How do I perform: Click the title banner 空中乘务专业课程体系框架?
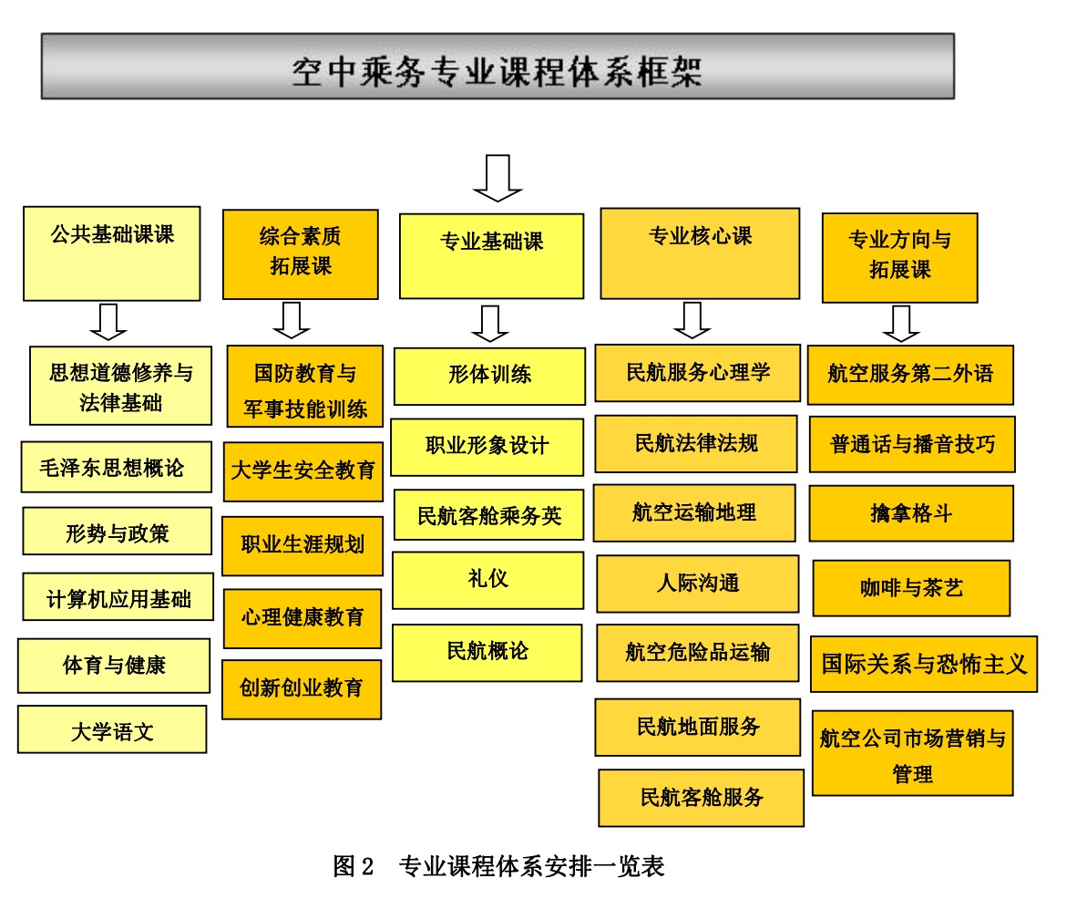tap(497, 66)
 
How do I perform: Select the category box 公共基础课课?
tap(112, 253)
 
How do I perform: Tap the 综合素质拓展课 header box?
tap(300, 254)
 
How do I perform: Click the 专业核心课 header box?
tap(700, 253)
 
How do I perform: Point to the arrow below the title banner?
tap(497, 178)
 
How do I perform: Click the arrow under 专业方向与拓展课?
tap(900, 323)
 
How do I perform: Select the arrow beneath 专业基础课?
tap(489, 323)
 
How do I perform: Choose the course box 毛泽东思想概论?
tap(116, 468)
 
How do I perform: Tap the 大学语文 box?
tap(112, 729)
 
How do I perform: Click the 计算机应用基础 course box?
tap(118, 597)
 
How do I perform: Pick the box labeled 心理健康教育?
tap(303, 618)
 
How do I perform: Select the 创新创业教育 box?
tap(302, 689)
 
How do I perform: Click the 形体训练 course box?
tap(489, 376)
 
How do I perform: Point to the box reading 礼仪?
tap(487, 580)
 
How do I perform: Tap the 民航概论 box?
tap(487, 652)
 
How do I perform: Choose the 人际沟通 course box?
tap(698, 584)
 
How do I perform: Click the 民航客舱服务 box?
tap(702, 798)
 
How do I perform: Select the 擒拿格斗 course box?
tap(911, 513)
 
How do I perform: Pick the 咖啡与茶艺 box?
tap(911, 588)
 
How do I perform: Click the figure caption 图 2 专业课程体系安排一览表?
tap(498, 866)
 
